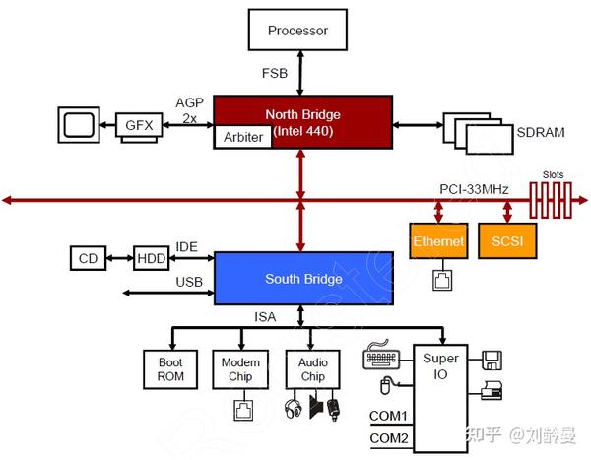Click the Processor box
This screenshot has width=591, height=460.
coord(297,30)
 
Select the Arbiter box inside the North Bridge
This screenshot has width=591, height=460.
coord(243,137)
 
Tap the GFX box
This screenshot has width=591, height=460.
coord(139,125)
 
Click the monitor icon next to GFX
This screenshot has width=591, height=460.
coord(79,125)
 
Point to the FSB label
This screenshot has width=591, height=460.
coord(275,73)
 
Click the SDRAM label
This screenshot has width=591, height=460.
coord(541,132)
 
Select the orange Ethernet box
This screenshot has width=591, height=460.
coord(438,241)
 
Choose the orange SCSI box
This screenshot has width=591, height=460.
coord(507,241)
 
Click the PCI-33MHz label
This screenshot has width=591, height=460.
coord(474,189)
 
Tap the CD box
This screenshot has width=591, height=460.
coord(89,258)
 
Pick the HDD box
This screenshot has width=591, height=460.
coord(151,258)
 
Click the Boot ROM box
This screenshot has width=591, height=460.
coord(170,369)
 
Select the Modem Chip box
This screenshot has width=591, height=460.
coord(240,369)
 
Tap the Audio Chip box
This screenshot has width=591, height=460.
coord(313,369)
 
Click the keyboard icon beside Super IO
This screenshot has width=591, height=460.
coord(381,355)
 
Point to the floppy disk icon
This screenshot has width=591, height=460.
coord(492,361)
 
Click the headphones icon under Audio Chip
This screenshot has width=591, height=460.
coord(293,409)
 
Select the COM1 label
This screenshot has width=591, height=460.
coord(389,416)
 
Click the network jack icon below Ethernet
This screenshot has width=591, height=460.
coord(442,280)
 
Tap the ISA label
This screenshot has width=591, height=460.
coord(265,317)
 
